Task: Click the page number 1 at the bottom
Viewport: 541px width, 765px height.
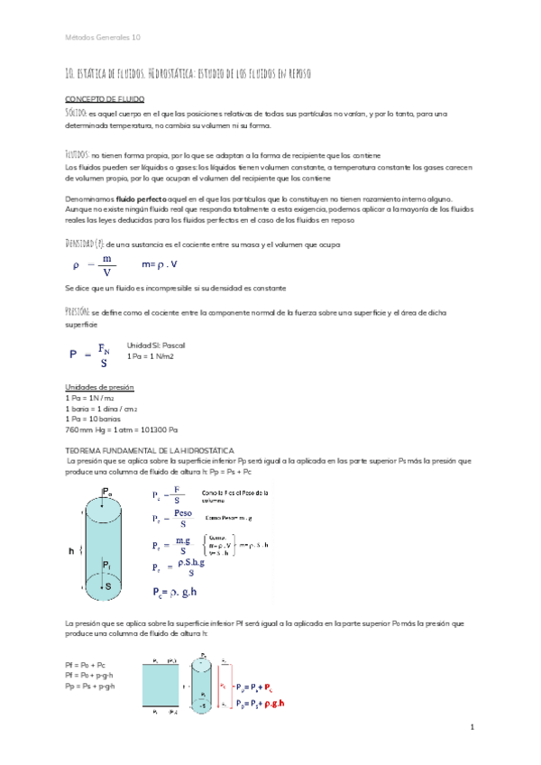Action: [x=472, y=726]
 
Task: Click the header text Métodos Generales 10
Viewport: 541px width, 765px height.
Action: [x=103, y=37]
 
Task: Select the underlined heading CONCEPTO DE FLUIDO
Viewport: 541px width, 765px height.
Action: [x=105, y=97]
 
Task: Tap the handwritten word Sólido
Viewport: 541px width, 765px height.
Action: [x=77, y=113]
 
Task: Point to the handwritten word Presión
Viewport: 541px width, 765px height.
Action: [x=78, y=311]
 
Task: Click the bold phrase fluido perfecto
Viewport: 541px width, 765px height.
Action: [x=136, y=198]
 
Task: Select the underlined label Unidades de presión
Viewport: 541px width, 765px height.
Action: [x=100, y=387]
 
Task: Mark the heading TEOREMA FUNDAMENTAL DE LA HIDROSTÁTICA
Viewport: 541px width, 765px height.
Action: [x=151, y=448]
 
